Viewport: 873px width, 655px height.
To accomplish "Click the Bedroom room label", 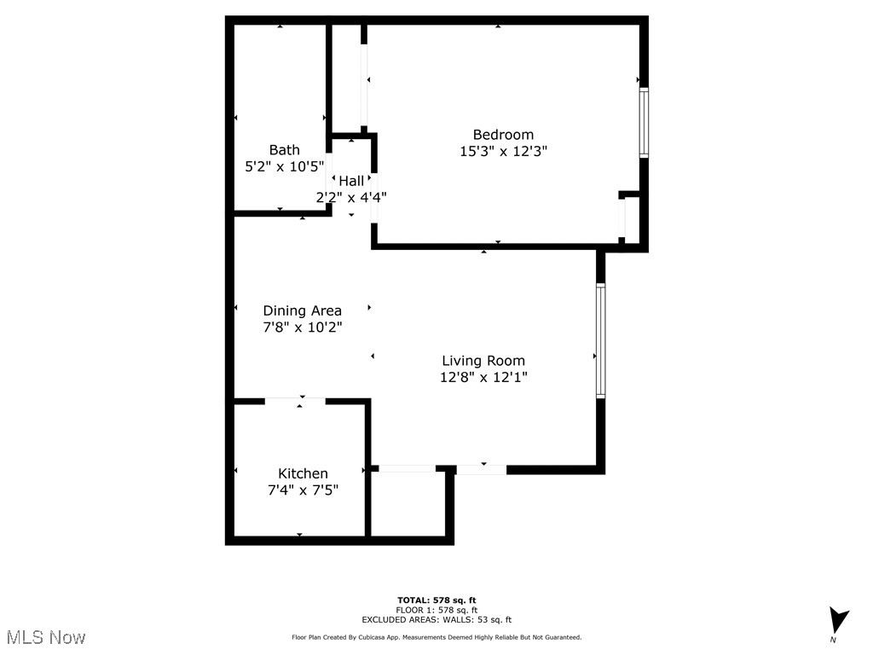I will click(x=503, y=135).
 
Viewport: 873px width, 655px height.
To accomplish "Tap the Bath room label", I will click(x=284, y=150).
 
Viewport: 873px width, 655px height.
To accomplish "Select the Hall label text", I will click(x=351, y=181).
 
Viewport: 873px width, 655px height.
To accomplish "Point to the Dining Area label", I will click(x=302, y=310).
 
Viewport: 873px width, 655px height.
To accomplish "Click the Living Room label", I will click(x=483, y=361).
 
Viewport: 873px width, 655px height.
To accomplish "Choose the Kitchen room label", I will click(x=303, y=473).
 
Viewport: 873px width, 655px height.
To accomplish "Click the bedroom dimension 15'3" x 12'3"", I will click(x=503, y=151).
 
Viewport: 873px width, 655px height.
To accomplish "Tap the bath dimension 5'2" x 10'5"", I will click(x=284, y=166).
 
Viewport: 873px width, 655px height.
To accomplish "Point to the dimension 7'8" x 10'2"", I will click(x=302, y=327).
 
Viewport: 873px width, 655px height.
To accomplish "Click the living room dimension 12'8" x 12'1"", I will click(x=483, y=377).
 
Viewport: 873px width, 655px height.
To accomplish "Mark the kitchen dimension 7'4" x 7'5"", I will click(x=303, y=490).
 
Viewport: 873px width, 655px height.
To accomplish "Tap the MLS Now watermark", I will click(x=46, y=637).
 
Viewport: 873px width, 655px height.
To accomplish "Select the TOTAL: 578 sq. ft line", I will click(x=436, y=600).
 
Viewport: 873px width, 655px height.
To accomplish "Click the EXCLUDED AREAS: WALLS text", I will click(x=436, y=620).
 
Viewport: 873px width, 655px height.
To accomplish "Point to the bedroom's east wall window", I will click(x=644, y=123).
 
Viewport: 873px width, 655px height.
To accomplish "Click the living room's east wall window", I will click(x=600, y=341).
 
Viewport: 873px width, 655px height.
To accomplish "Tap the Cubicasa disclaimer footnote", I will click(x=436, y=637).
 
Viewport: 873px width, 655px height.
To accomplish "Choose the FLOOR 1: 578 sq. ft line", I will click(x=436, y=610).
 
